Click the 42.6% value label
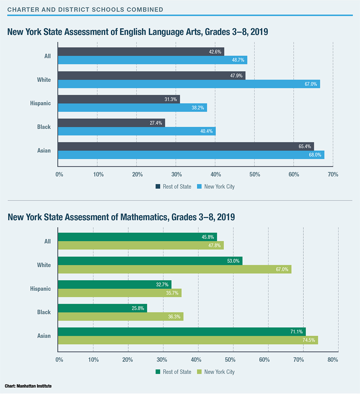click(215, 52)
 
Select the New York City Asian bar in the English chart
click(191, 155)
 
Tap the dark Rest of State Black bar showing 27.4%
click(111, 123)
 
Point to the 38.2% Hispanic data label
click(198, 108)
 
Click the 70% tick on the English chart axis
click(333, 175)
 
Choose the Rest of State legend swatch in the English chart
click(158, 186)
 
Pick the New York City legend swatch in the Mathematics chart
click(199, 372)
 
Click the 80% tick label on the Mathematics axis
click(333, 359)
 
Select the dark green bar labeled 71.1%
click(181, 332)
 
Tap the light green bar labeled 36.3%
click(121, 316)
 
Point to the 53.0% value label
click(234, 261)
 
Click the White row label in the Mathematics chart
click(44, 265)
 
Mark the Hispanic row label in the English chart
click(40, 103)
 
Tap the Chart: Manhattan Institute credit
click(28, 386)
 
